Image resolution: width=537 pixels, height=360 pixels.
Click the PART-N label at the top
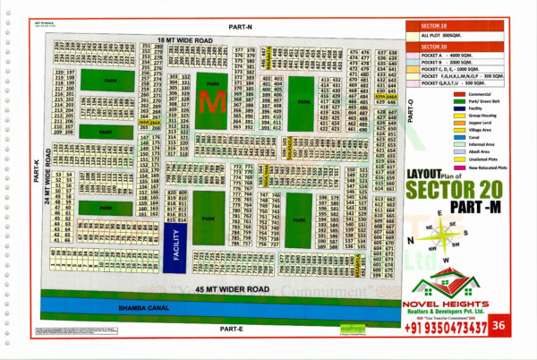coord(241,28)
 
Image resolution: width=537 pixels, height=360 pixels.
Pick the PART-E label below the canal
coord(231,329)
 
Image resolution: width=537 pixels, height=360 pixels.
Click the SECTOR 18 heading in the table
coord(435,27)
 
